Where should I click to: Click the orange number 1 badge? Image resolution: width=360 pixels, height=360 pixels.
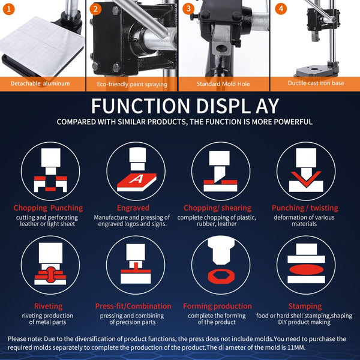click(x=9, y=9)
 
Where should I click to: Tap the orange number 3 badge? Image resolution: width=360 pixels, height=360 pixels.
click(x=188, y=9)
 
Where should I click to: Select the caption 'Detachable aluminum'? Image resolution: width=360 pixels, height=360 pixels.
click(x=40, y=83)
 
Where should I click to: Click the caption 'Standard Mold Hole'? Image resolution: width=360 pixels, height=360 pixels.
click(x=223, y=84)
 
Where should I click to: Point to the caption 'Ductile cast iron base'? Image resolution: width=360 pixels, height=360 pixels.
click(x=316, y=83)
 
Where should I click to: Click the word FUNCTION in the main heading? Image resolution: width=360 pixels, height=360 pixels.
click(x=140, y=106)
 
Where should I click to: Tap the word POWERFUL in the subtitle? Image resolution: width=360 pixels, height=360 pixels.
click(x=293, y=122)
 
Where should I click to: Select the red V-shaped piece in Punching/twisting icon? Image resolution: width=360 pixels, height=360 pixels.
click(x=306, y=179)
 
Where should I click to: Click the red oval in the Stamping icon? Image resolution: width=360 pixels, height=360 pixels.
click(x=306, y=269)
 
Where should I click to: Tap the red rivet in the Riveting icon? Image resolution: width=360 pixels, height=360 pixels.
click(x=51, y=275)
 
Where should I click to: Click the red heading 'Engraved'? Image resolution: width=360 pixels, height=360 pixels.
click(x=133, y=208)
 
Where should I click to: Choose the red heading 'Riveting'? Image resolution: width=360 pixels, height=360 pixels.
click(x=48, y=306)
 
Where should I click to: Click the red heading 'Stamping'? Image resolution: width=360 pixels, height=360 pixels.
click(x=305, y=306)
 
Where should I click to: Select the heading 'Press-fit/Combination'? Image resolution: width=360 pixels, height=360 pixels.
click(x=133, y=306)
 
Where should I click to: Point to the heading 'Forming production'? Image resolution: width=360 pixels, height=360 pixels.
click(x=217, y=306)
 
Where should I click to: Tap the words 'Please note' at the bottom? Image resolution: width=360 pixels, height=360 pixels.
click(x=25, y=339)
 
